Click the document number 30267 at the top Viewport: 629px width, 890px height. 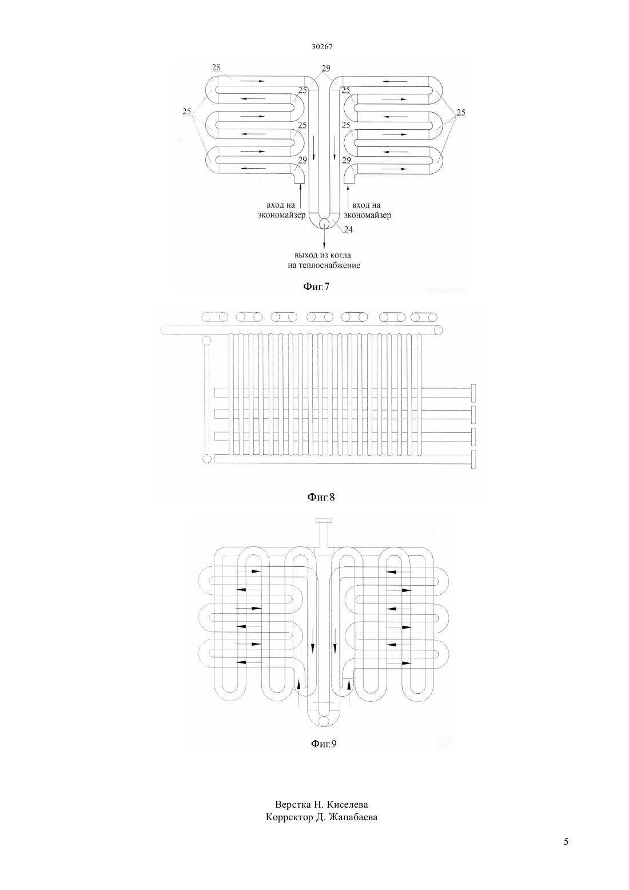coord(321,46)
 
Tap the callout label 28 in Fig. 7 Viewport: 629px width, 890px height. coord(216,67)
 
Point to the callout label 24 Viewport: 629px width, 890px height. coord(348,230)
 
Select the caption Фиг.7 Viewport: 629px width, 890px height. coord(316,287)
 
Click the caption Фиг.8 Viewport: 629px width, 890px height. coord(321,497)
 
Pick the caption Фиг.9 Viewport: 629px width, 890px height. coord(324,744)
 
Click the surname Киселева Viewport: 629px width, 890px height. coord(347,804)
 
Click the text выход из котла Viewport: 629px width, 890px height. coord(323,255)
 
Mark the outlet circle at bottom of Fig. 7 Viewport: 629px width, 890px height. coord(324,223)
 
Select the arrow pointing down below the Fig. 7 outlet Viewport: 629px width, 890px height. coord(324,238)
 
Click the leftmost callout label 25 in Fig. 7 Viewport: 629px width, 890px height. coord(186,112)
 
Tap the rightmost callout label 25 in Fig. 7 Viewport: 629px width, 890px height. coord(460,113)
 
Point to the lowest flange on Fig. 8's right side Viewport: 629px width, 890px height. coord(473,460)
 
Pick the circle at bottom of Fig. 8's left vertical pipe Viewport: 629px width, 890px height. coord(206,459)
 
